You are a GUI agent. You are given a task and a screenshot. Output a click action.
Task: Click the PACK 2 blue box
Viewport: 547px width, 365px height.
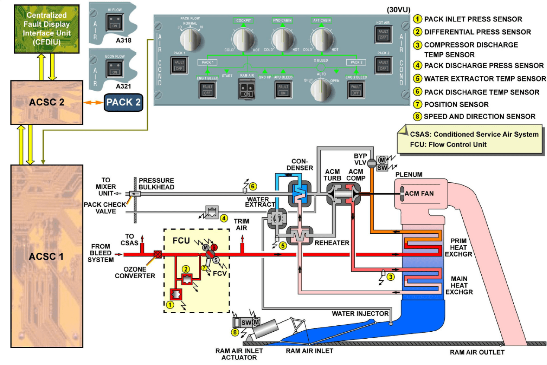tap(123, 103)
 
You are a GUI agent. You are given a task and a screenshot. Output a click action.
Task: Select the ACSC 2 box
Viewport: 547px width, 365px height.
tap(46, 102)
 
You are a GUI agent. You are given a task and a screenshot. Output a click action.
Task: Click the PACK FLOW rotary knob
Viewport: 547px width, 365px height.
tap(191, 40)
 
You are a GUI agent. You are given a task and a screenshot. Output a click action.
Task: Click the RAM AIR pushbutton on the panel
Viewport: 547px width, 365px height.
tap(246, 90)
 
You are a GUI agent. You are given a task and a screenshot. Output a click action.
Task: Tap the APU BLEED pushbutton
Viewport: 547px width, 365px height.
tap(283, 89)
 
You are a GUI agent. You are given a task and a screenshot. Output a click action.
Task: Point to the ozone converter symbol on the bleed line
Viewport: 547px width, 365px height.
tap(158, 254)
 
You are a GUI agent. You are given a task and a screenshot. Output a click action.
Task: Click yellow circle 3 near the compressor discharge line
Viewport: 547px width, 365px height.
tap(390, 277)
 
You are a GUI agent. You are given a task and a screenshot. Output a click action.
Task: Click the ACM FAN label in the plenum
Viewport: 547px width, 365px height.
tap(420, 194)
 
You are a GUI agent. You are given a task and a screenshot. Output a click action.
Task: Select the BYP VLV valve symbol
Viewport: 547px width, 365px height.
tap(371, 163)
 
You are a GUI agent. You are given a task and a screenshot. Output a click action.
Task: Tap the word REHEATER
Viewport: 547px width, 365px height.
tap(332, 243)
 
